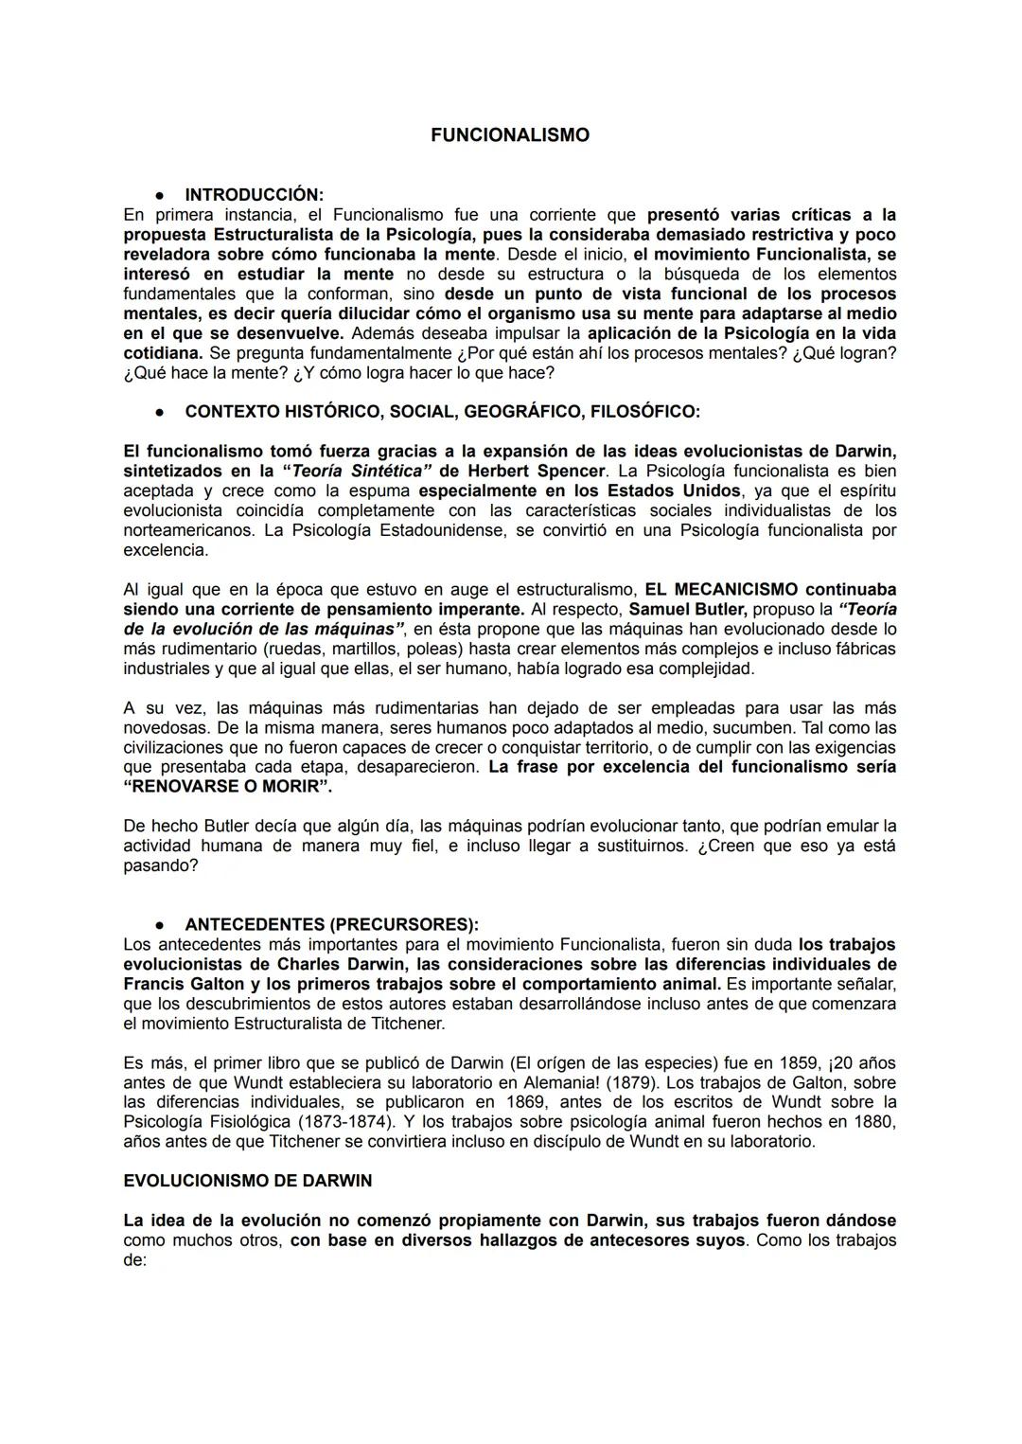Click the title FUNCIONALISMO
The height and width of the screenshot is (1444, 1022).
pos(509,135)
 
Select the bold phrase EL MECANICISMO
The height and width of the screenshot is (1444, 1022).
pos(721,590)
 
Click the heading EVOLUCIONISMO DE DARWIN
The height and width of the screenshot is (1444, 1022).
pos(248,1181)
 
